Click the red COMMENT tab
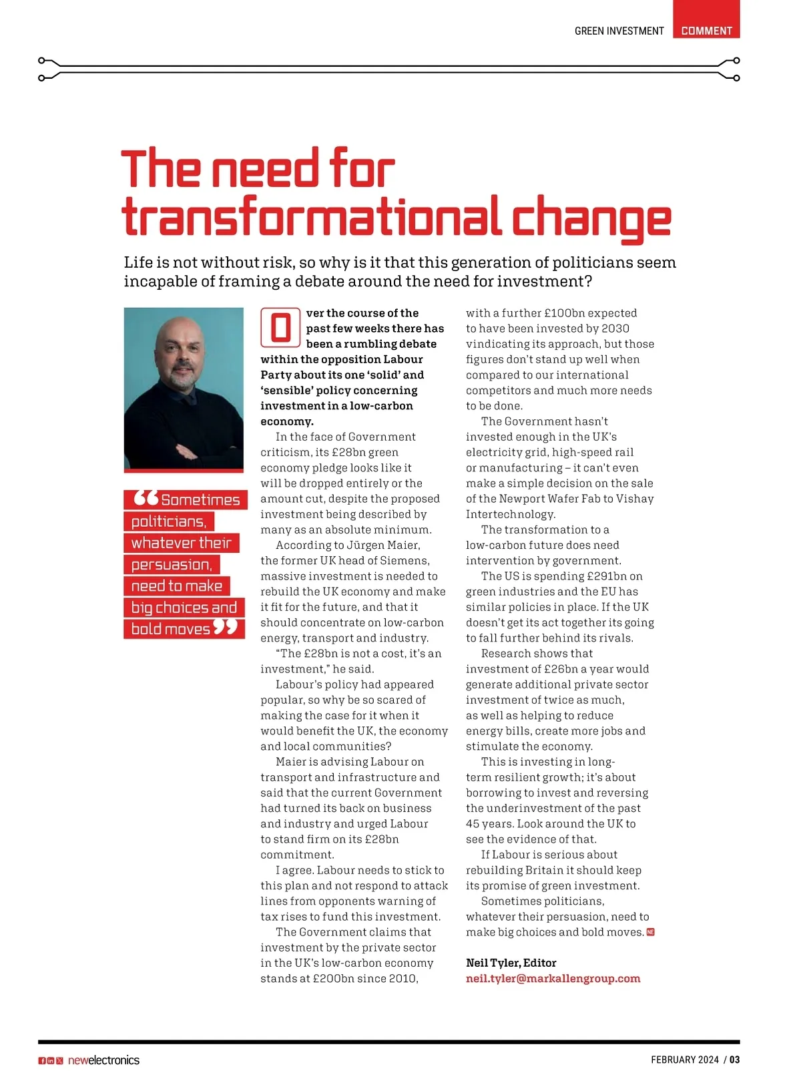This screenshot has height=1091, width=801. pyautogui.click(x=706, y=30)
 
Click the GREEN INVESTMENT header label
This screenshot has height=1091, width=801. pyautogui.click(x=619, y=31)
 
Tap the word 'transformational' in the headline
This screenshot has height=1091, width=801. pyautogui.click(x=312, y=216)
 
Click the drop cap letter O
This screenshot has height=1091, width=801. pyautogui.click(x=280, y=328)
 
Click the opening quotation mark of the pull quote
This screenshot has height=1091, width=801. pyautogui.click(x=146, y=498)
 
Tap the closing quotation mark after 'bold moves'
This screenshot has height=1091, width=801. pyautogui.click(x=226, y=628)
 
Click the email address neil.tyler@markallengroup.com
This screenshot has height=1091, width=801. pyautogui.click(x=553, y=978)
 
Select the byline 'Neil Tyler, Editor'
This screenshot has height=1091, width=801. pyautogui.click(x=511, y=962)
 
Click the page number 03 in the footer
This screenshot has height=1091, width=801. pyautogui.click(x=734, y=1060)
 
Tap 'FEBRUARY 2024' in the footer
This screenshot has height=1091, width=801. pyautogui.click(x=685, y=1060)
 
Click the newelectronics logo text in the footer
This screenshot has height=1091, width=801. pyautogui.click(x=103, y=1060)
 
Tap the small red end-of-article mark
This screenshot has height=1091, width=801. pyautogui.click(x=651, y=932)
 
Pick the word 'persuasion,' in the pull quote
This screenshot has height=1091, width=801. pyautogui.click(x=172, y=564)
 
